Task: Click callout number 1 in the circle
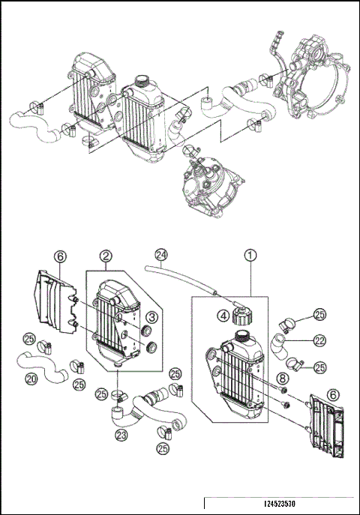(250, 255)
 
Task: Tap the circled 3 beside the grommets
(150, 318)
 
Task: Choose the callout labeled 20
(31, 379)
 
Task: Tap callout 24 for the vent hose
(160, 253)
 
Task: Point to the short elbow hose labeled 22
(280, 347)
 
